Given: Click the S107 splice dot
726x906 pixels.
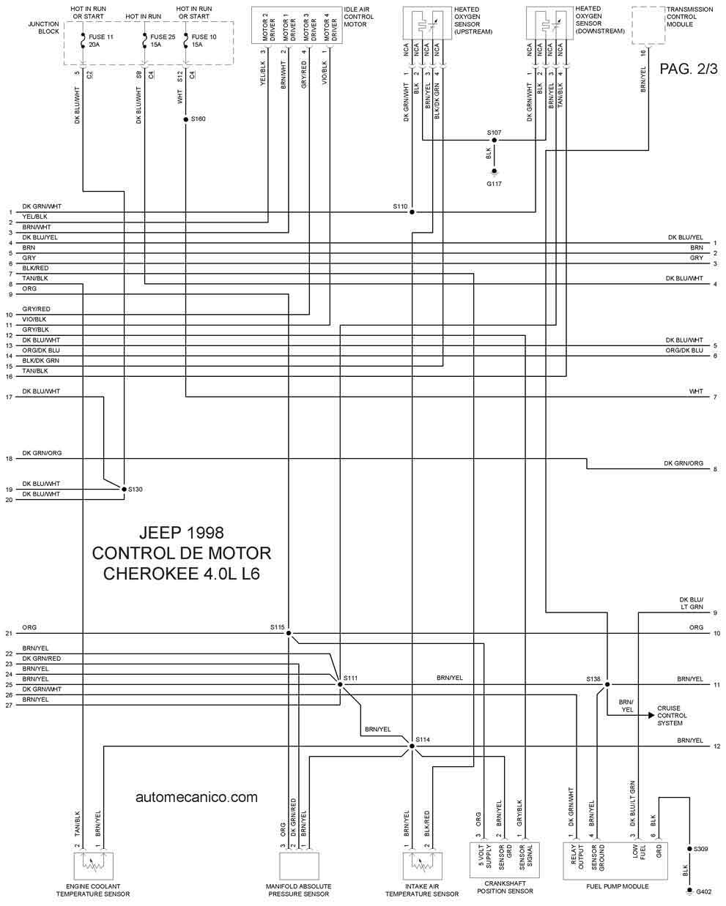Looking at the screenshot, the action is pyautogui.click(x=494, y=141).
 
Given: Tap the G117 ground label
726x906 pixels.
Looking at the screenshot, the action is pyautogui.click(x=494, y=184).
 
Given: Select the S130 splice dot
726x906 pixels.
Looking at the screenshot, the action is pyautogui.click(x=124, y=489).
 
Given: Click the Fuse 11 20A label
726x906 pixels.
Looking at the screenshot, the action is pyautogui.click(x=101, y=40).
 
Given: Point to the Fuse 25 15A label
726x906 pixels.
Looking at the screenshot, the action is pyautogui.click(x=163, y=40).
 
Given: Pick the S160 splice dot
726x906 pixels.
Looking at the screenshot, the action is pyautogui.click(x=185, y=119).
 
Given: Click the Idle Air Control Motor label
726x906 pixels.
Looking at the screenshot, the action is pyautogui.click(x=358, y=17).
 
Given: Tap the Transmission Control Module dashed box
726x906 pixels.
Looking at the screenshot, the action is pyautogui.click(x=648, y=26).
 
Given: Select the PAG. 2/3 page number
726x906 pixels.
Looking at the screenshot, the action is pyautogui.click(x=688, y=69).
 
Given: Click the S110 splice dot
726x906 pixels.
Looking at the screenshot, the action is pyautogui.click(x=412, y=212).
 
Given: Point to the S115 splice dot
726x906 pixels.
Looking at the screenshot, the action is pyautogui.click(x=289, y=633).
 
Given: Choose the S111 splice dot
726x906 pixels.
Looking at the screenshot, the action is pyautogui.click(x=340, y=684).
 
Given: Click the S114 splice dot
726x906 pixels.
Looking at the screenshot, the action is pyautogui.click(x=412, y=746).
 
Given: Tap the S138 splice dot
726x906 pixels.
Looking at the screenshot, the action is pyautogui.click(x=607, y=684).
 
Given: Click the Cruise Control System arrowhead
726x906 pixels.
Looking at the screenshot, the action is pyautogui.click(x=651, y=715).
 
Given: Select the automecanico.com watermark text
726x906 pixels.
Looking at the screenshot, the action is pyautogui.click(x=196, y=797).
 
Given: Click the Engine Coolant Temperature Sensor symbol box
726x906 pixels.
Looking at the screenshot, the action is pyautogui.click(x=93, y=866).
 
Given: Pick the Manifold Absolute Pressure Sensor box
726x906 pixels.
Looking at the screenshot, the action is pyautogui.click(x=299, y=866).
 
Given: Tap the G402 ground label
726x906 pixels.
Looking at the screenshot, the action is pyautogui.click(x=703, y=891).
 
